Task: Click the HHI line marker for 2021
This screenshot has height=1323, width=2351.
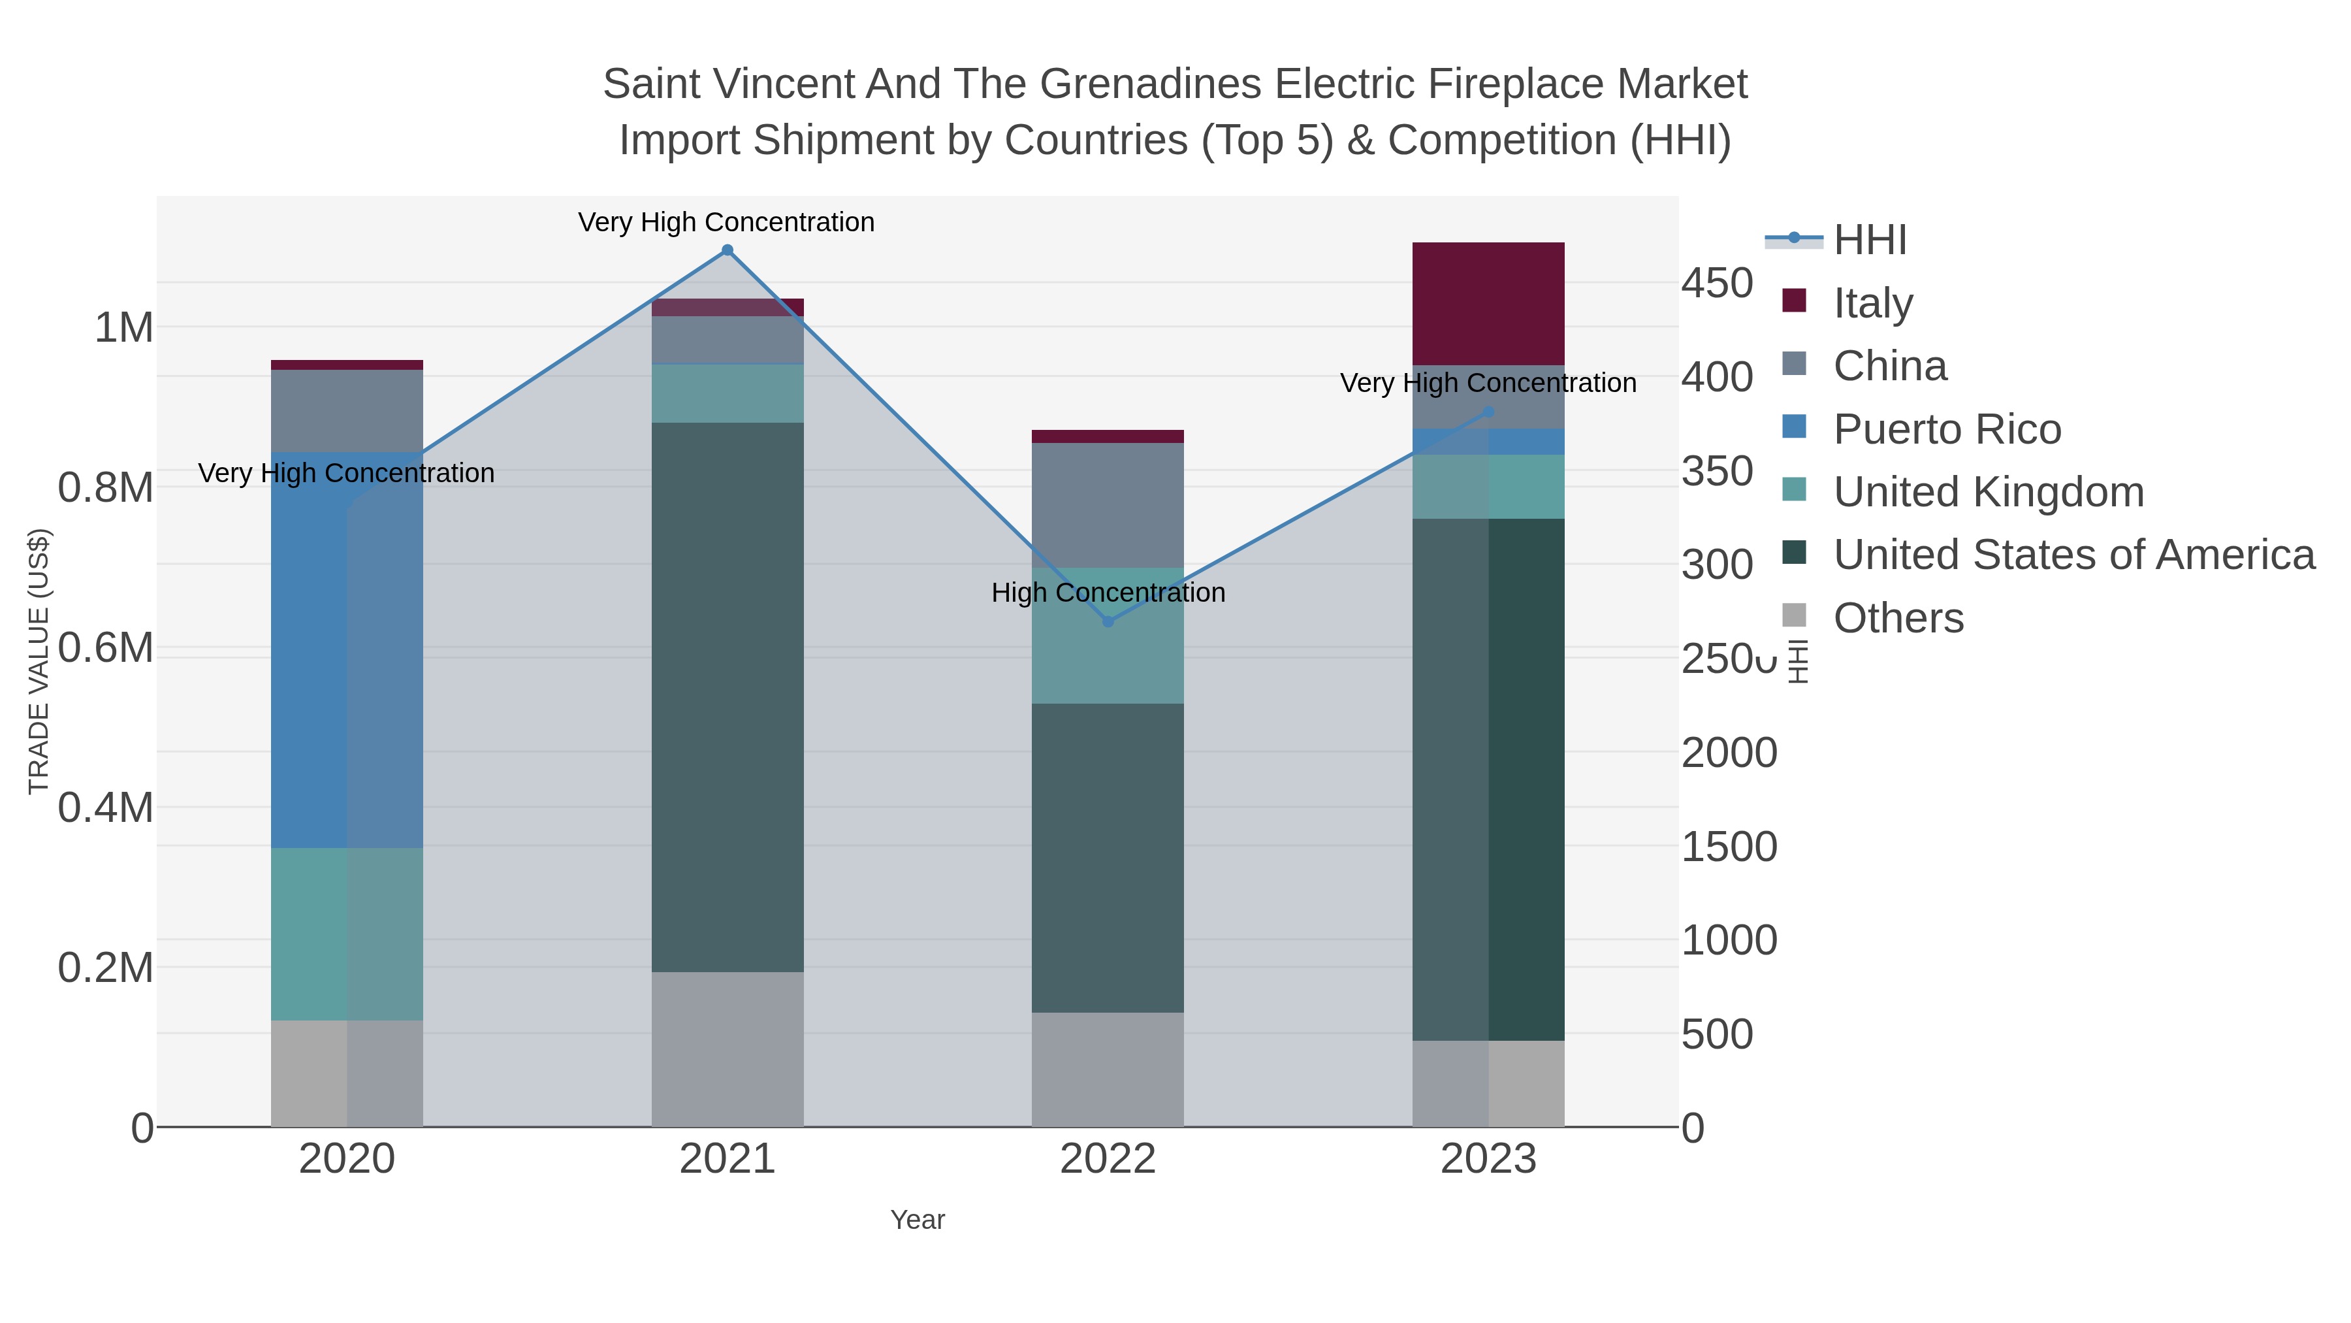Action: pyautogui.click(x=728, y=250)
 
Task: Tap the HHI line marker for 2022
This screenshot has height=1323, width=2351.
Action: pyautogui.click(x=1108, y=622)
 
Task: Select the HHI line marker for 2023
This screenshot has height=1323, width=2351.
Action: pyautogui.click(x=1488, y=412)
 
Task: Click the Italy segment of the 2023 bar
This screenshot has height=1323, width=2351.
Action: pyautogui.click(x=1488, y=303)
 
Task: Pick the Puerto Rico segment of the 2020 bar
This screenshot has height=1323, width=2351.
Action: pyautogui.click(x=347, y=649)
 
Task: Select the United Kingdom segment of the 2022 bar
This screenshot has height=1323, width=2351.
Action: pyautogui.click(x=1108, y=636)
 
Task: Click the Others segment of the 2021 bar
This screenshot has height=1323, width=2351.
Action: pyautogui.click(x=728, y=1049)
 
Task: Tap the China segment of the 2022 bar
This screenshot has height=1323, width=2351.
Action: pyautogui.click(x=1108, y=505)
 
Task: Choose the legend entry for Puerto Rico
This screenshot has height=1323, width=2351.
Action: pyautogui.click(x=1947, y=429)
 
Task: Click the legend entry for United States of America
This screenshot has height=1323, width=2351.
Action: pyautogui.click(x=2073, y=555)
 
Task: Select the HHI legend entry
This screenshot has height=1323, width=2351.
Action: pyautogui.click(x=1869, y=240)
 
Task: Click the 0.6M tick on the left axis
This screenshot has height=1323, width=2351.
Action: pyautogui.click(x=105, y=648)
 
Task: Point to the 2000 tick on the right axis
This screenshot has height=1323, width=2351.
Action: pyautogui.click(x=1729, y=753)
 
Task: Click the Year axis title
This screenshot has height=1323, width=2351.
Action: pyautogui.click(x=918, y=1220)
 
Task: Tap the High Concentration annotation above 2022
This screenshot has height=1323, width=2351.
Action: pyautogui.click(x=1108, y=593)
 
